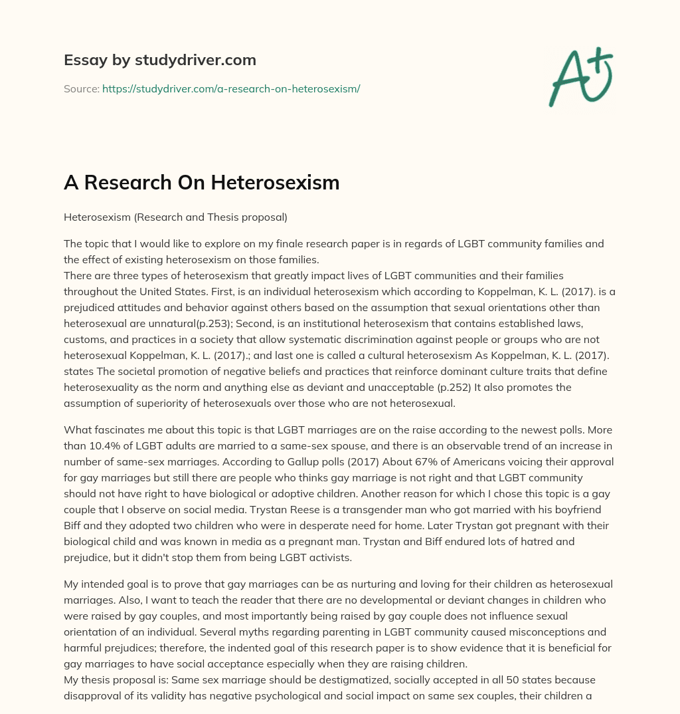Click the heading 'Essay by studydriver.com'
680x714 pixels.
click(159, 60)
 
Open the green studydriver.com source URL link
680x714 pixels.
click(230, 88)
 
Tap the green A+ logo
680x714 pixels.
click(580, 76)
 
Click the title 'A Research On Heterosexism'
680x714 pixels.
click(201, 183)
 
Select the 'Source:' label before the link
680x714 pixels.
click(81, 88)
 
